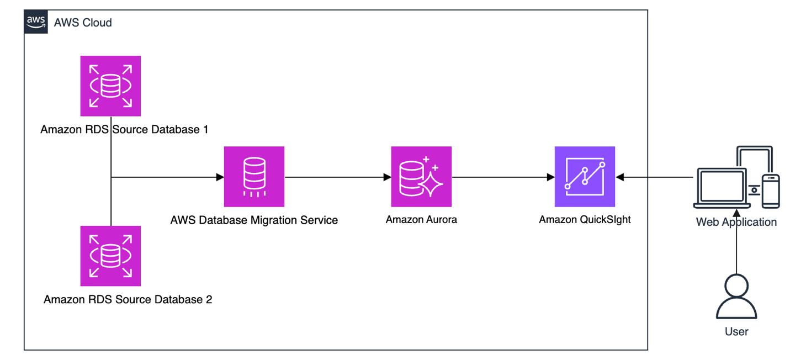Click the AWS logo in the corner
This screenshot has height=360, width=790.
36,22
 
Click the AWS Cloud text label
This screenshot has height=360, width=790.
83,23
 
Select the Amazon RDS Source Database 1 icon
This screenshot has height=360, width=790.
110,86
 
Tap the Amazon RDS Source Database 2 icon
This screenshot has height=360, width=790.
110,256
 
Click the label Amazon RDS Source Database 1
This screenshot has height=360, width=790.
125,130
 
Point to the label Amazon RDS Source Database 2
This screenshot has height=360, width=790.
128,300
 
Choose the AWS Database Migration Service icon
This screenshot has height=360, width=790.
254,177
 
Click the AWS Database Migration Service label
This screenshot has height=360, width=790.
254,220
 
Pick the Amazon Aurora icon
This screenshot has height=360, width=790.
421,177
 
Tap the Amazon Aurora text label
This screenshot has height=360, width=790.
421,220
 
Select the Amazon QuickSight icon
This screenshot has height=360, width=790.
585,177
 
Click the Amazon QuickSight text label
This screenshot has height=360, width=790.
585,220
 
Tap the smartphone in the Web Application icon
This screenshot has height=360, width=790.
771,191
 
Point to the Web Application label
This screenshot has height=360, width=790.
736,223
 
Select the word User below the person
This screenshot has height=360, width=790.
736,332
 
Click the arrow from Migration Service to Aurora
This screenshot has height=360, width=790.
337,177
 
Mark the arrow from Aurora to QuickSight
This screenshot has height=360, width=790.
502,177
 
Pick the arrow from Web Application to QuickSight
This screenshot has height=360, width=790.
654,177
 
